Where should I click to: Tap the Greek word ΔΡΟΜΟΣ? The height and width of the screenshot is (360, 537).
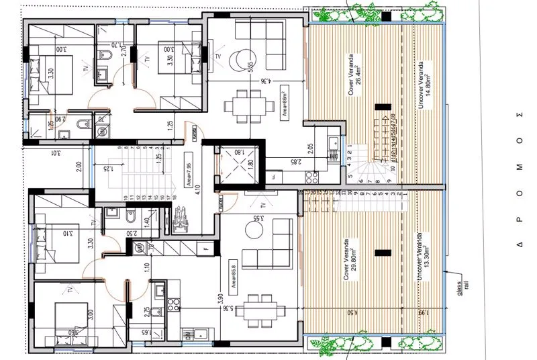coord(519,179)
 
